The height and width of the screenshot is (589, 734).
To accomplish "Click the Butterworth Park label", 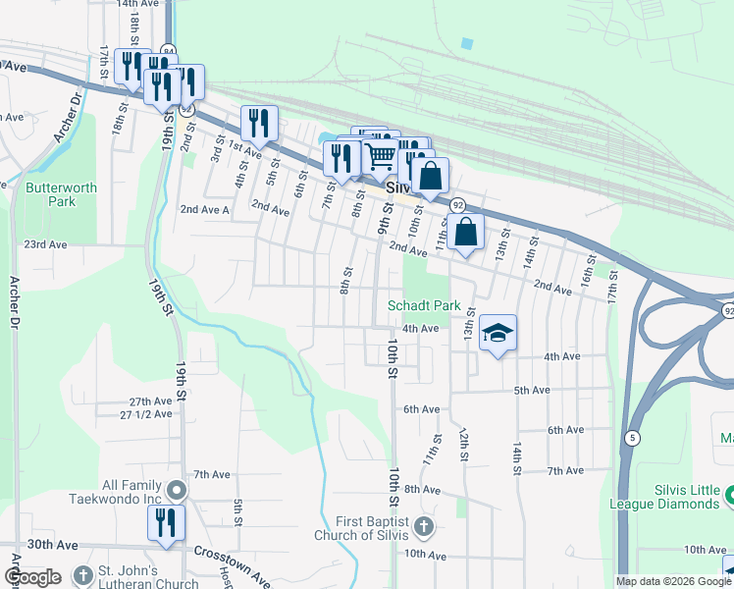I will click(x=50, y=193).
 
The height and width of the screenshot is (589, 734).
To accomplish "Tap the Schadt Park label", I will click(x=424, y=305).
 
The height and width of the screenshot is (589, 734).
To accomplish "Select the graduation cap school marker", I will click(x=498, y=335).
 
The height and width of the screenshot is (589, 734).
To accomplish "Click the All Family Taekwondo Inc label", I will click(x=132, y=492).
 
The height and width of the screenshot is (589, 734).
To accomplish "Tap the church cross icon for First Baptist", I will click(x=423, y=528).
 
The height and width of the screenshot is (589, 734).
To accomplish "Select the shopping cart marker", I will click(x=380, y=155).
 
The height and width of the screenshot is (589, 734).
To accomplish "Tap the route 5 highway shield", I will click(x=634, y=436).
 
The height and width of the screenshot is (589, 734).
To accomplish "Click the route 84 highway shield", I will click(x=169, y=50).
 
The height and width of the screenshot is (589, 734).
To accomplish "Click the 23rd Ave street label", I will click(x=45, y=244).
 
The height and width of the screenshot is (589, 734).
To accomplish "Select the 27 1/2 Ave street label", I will click(x=145, y=414).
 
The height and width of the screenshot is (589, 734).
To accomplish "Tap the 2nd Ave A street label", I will click(x=204, y=209).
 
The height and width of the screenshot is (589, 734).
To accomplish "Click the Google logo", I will click(x=32, y=577).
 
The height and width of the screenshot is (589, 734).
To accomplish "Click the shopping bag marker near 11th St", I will click(x=468, y=233).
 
